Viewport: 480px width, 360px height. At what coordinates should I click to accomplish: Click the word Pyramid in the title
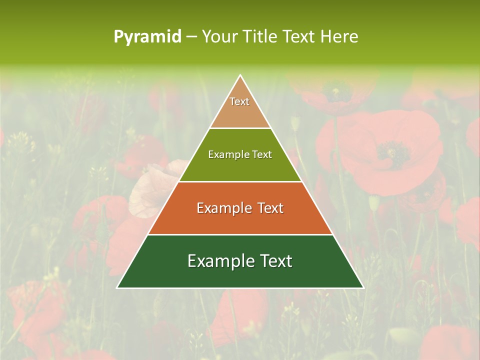[x=147, y=37]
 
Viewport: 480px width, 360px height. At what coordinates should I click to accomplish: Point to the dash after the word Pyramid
[x=191, y=37]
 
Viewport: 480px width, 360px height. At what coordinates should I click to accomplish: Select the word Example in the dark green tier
[x=215, y=261]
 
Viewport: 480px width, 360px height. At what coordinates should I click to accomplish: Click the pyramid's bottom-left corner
[x=118, y=287]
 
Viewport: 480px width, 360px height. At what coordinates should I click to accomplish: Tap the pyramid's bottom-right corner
[x=363, y=287]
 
